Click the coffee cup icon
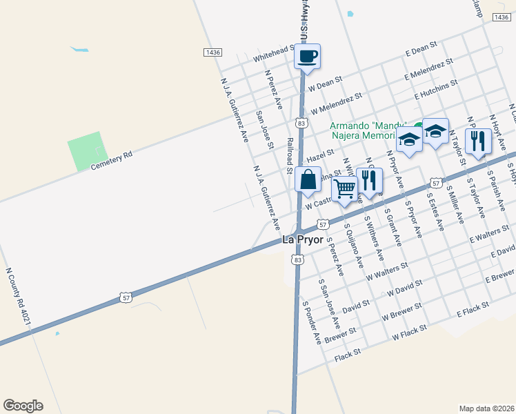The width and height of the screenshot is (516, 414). point(307,56)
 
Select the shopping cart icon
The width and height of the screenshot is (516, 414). point(344,187)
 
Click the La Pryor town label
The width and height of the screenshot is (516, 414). point(303,239)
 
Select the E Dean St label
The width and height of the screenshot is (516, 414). point(421,48)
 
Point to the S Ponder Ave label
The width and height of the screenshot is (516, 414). point(312,322)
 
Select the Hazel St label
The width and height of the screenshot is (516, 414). point(320,156)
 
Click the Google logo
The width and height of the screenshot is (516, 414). point(23,406)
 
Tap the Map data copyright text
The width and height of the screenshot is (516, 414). point(487,408)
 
